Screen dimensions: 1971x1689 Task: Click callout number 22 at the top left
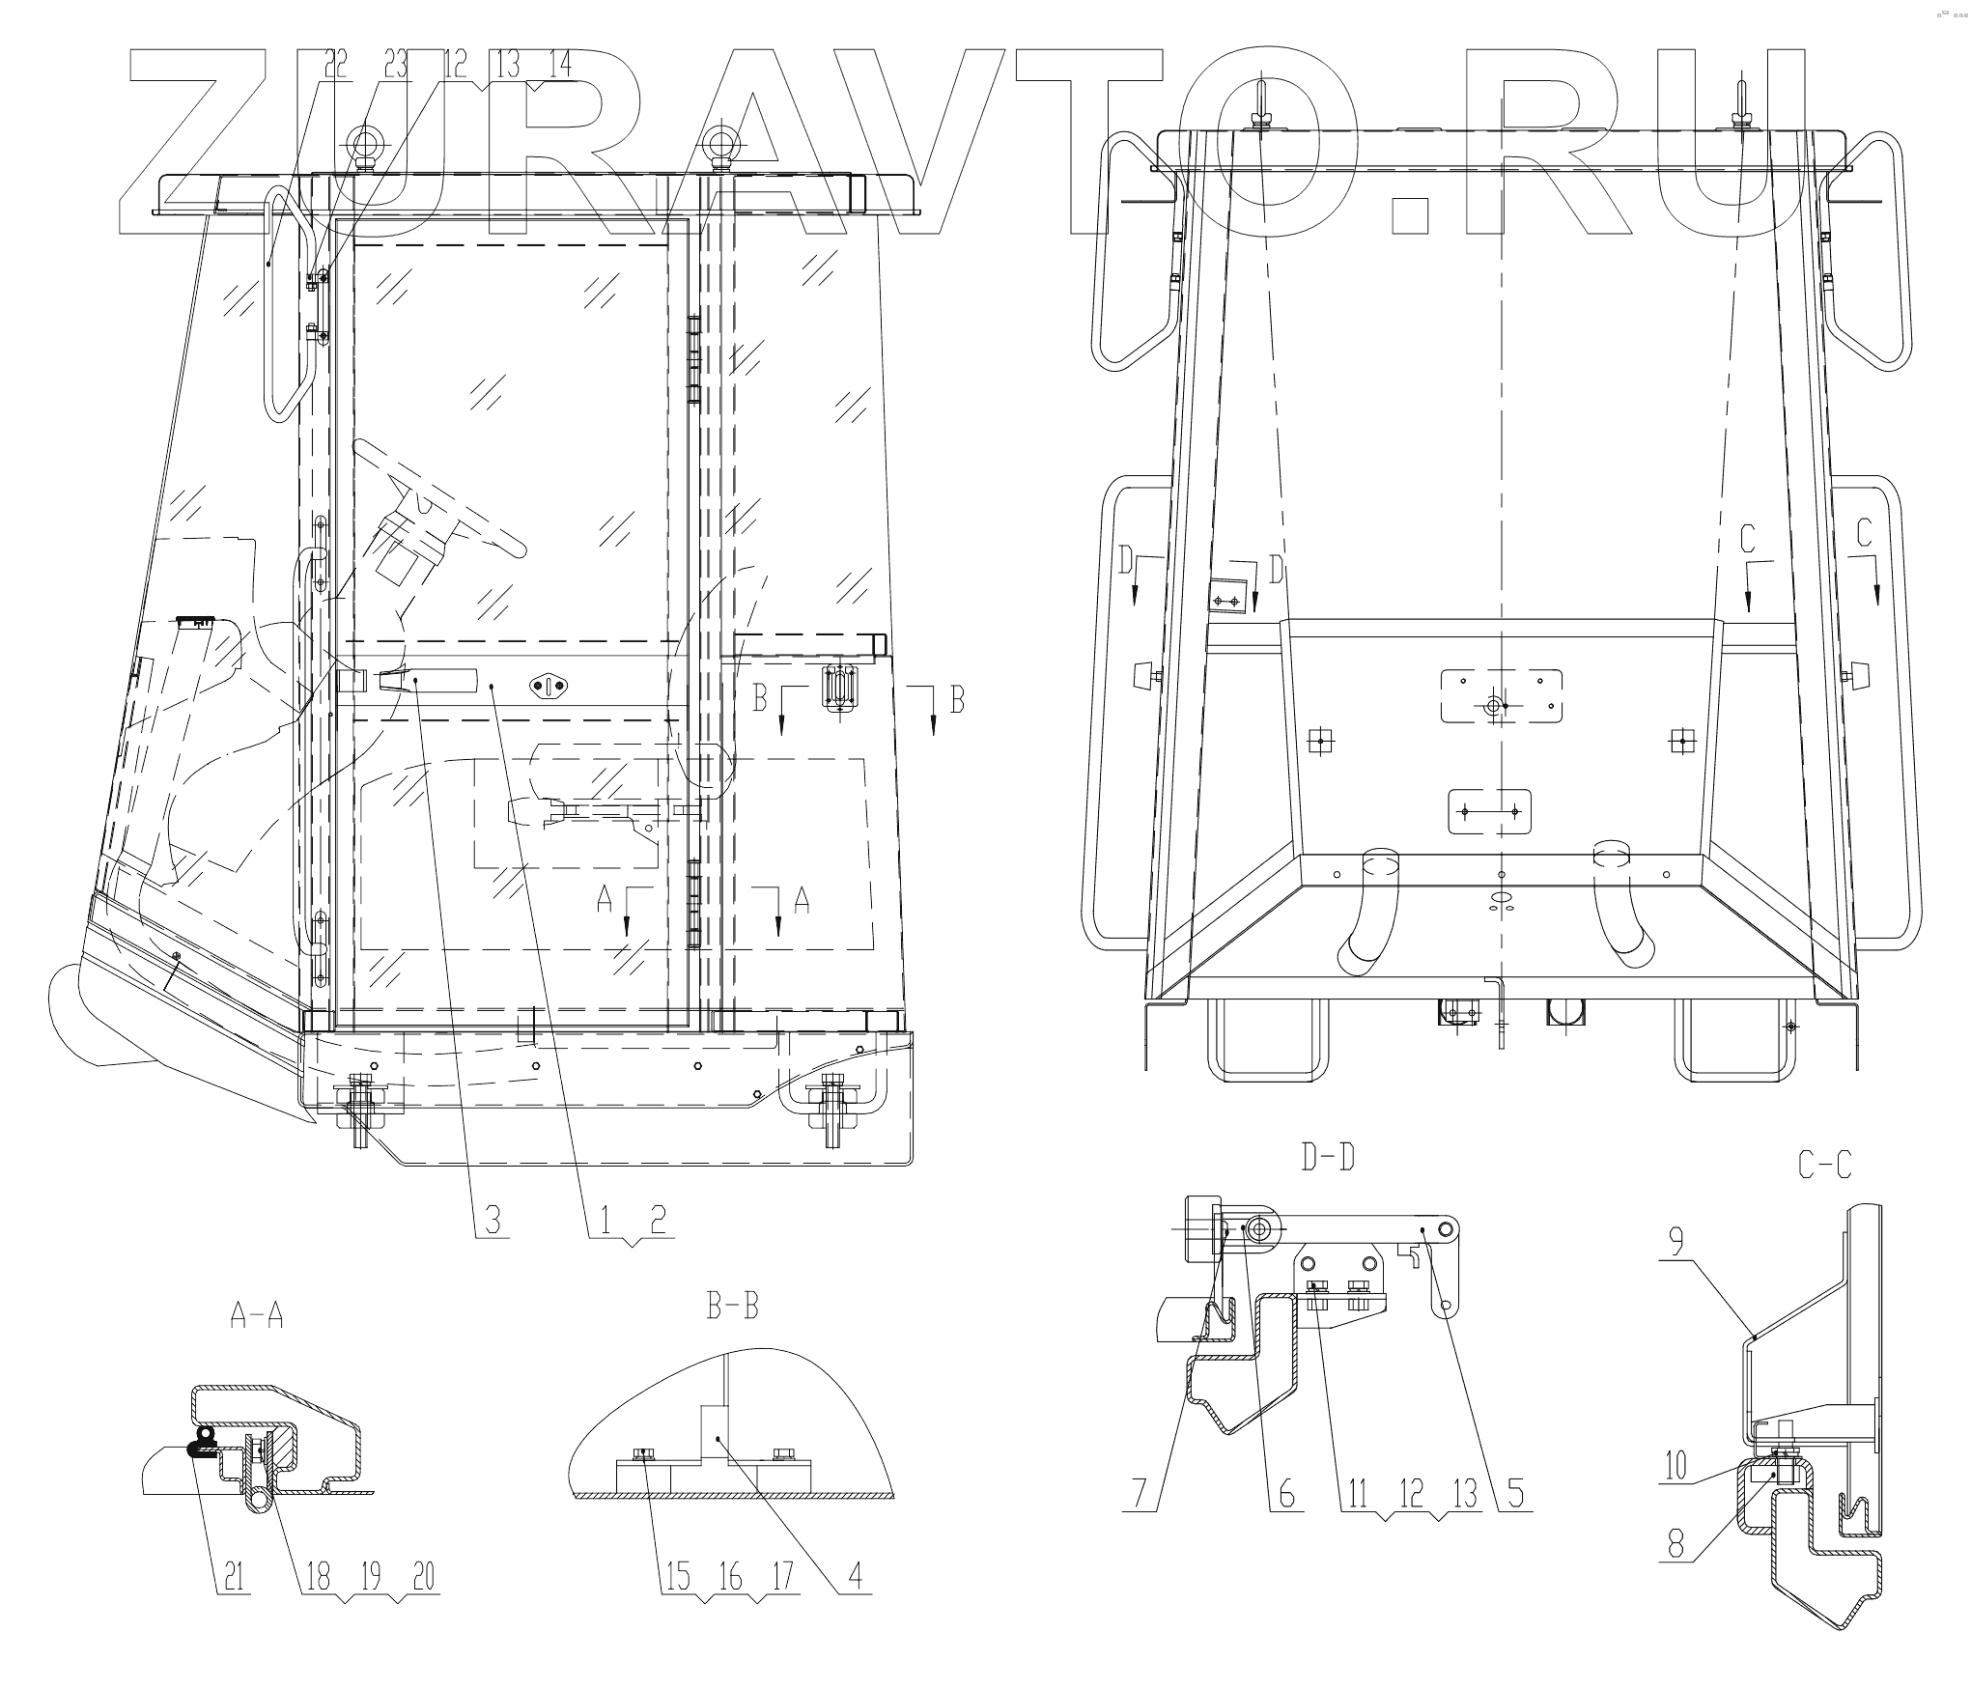click(x=335, y=65)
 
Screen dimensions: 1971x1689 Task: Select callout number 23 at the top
click(x=396, y=65)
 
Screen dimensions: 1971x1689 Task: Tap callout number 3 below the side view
click(x=492, y=1221)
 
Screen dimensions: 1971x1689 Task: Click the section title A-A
click(x=256, y=1313)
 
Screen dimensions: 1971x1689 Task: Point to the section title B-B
click(x=733, y=1307)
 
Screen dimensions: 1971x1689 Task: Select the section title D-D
click(x=1328, y=1157)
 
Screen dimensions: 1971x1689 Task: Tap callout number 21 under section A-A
click(x=232, y=1577)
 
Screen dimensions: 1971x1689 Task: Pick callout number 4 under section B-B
click(x=855, y=1577)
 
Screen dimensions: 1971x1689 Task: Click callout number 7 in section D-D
click(x=1140, y=1494)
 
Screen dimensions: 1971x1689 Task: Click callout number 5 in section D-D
click(x=1515, y=1494)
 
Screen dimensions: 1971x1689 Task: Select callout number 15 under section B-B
click(x=676, y=1577)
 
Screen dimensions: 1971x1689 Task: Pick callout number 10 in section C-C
click(x=1675, y=1466)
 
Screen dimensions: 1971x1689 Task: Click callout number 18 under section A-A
click(x=318, y=1577)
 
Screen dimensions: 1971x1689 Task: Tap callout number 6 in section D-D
click(x=1285, y=1494)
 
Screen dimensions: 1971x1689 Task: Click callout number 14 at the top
click(x=559, y=65)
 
